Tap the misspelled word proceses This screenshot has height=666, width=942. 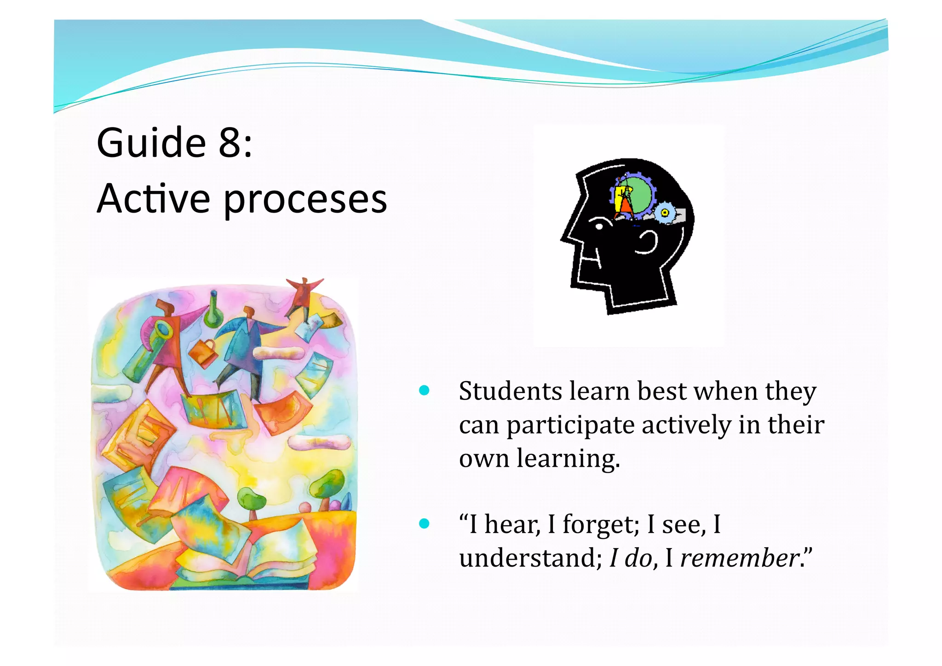(305, 200)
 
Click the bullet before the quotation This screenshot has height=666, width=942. (424, 524)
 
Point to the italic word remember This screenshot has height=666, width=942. (740, 558)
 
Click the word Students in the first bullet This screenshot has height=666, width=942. (510, 391)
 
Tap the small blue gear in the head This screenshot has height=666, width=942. (664, 213)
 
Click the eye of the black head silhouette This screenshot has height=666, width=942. (599, 226)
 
